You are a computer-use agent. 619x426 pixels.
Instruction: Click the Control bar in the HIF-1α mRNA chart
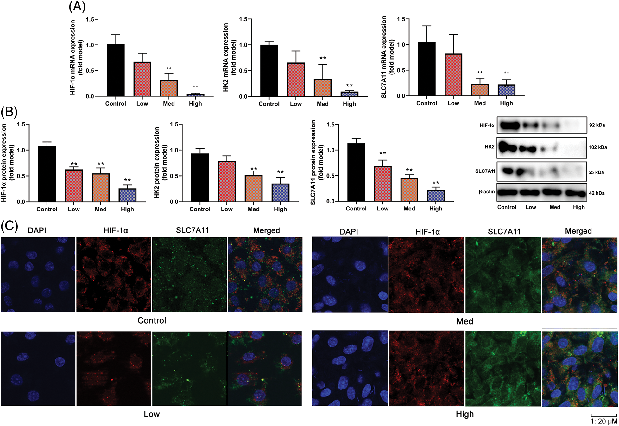(116, 70)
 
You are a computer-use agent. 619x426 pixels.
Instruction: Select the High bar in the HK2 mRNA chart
(349, 94)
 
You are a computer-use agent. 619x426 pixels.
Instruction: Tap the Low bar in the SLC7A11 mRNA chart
(453, 75)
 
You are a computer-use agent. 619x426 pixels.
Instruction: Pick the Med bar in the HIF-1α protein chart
(101, 187)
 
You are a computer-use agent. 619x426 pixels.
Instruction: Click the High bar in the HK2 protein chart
(280, 192)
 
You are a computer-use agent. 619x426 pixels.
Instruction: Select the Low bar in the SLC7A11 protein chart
(382, 184)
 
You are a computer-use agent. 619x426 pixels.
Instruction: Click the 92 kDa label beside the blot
(597, 125)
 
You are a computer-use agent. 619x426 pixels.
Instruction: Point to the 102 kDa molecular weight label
(598, 147)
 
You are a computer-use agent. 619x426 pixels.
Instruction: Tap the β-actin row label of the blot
(487, 192)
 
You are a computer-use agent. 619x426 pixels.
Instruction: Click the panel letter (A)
(77, 6)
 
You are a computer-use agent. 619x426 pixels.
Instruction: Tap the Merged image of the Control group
(265, 274)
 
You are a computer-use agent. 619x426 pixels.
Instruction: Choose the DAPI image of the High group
(350, 368)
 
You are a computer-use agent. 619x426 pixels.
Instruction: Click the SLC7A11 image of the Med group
(503, 275)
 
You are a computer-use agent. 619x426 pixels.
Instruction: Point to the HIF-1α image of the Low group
(114, 368)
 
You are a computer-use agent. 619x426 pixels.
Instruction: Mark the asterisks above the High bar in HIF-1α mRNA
(195, 87)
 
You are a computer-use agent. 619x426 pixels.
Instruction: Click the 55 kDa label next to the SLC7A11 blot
(596, 172)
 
